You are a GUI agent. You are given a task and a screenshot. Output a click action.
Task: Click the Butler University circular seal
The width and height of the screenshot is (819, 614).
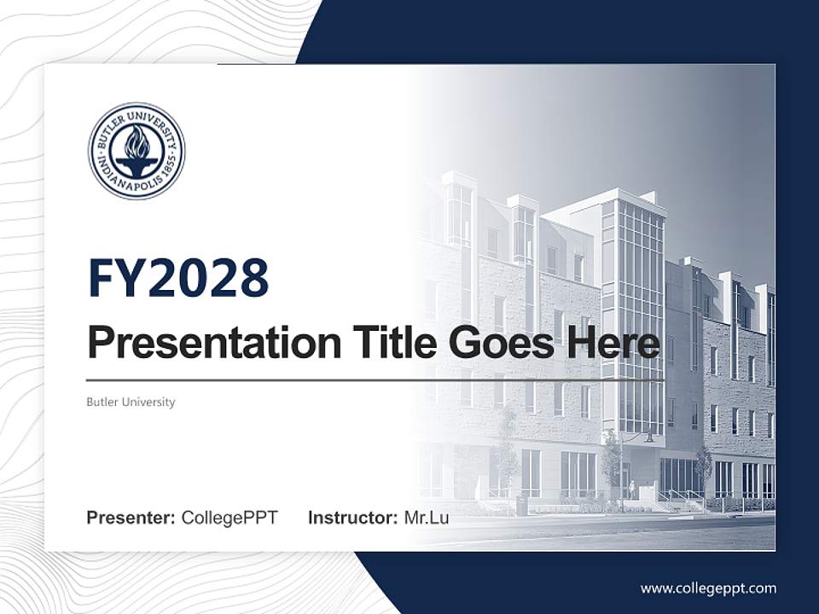[136, 152]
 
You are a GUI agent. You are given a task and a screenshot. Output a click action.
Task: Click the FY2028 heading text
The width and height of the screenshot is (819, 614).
[178, 278]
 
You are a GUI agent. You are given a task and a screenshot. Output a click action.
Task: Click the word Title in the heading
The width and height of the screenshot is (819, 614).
[388, 343]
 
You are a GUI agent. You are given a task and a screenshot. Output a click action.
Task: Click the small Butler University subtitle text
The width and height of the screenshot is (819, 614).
[131, 402]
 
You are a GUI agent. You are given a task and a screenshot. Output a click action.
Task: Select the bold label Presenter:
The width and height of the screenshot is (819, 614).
[131, 518]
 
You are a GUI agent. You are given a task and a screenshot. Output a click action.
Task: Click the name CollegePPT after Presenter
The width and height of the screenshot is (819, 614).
[229, 518]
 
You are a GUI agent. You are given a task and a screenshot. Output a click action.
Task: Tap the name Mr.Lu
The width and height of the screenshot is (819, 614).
[427, 518]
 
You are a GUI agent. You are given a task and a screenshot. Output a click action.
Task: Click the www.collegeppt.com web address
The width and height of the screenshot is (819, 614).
[708, 588]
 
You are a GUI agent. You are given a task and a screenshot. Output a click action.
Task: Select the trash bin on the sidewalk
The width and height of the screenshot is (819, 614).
[521, 507]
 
